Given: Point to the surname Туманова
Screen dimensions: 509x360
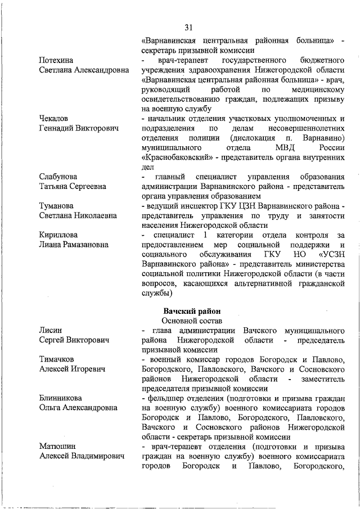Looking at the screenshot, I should pos(56,206).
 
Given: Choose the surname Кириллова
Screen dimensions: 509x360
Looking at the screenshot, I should pos(58,235).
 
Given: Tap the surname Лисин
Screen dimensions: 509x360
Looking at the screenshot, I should pos(51,331).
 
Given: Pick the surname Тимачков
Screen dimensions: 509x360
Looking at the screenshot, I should pos(57,359).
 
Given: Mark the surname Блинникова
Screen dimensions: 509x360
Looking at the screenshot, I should pos(61,398).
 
